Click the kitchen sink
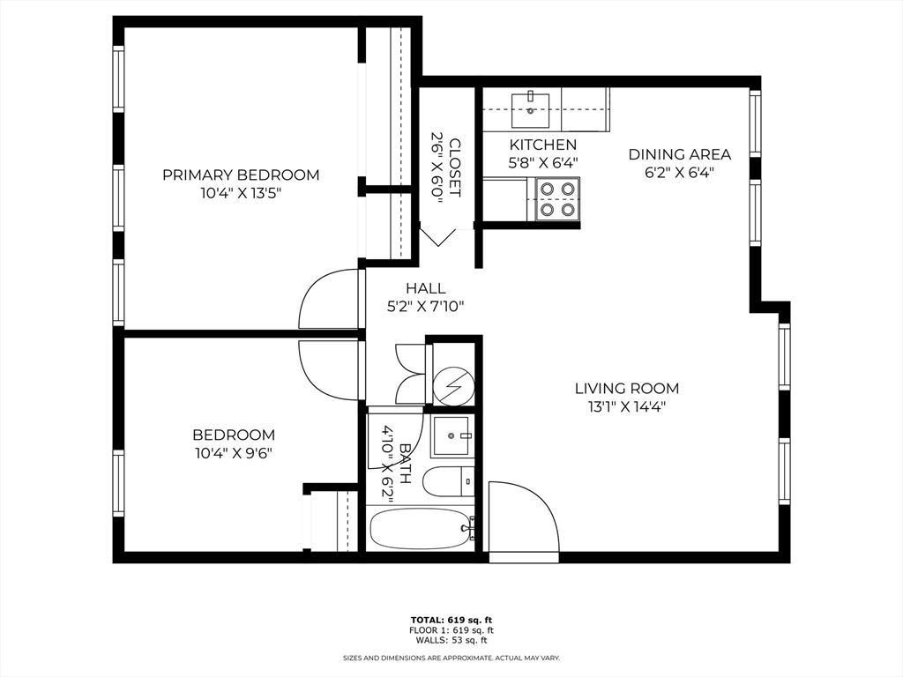click(530, 110)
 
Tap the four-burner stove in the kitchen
click(557, 198)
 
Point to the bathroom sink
click(453, 436)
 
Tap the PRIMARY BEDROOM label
click(241, 175)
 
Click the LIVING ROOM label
click(627, 389)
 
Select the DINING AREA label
click(680, 154)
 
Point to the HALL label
click(426, 288)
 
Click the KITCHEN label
click(543, 145)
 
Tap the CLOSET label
click(455, 167)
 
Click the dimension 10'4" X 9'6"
click(233, 453)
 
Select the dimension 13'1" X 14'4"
click(627, 407)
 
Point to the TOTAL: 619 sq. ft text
click(451, 620)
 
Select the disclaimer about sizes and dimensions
click(451, 658)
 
